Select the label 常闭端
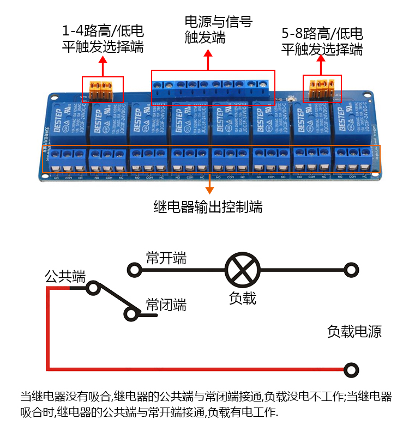point(166,305)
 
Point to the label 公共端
point(65,276)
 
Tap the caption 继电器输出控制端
point(208,207)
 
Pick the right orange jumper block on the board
point(322,88)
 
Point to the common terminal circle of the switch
point(93,287)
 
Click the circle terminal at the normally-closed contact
point(131,314)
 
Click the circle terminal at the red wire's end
point(352,370)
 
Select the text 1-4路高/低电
point(103,32)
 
